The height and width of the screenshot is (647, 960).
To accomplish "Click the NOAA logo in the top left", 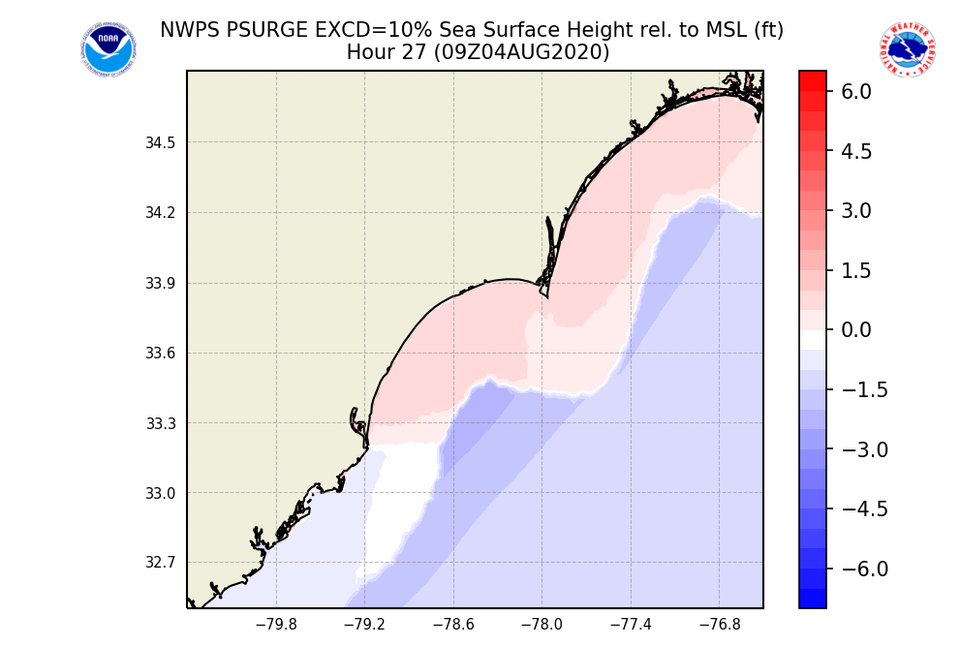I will coord(108,50).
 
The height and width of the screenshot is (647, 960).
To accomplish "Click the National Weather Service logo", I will coord(907,50).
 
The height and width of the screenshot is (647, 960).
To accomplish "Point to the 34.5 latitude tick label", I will coord(161,143).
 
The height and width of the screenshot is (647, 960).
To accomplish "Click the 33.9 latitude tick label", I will coord(161,284).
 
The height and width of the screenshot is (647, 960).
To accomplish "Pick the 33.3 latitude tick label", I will coord(161,423).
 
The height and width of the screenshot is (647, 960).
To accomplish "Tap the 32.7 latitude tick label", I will coord(161,563).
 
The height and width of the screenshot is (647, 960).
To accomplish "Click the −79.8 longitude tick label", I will coord(276,625).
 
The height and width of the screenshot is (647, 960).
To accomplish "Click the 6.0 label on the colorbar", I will coord(855,92).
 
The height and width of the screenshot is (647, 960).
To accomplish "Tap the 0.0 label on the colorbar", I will coord(855,330).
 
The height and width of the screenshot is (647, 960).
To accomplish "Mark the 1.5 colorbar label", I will coord(855,270).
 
